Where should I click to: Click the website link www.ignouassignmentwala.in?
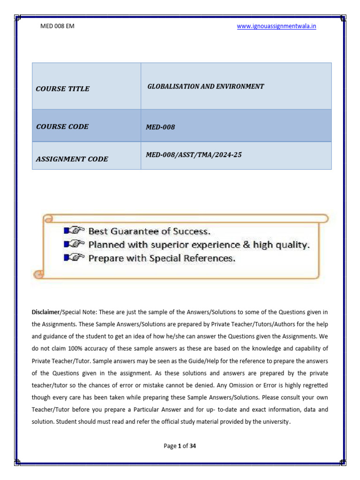(x=276, y=26)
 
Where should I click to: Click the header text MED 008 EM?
(x=58, y=26)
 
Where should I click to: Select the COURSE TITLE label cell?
(x=62, y=89)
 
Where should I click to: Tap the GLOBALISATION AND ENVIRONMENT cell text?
(x=206, y=86)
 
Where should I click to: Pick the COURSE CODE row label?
(x=62, y=127)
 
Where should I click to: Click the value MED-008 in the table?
(x=161, y=127)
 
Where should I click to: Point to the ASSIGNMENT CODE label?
(x=72, y=159)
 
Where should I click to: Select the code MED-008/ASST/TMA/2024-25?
(x=194, y=154)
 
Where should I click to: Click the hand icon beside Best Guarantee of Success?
(x=74, y=231)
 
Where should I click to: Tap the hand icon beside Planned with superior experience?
(x=74, y=244)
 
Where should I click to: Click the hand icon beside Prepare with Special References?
(x=74, y=258)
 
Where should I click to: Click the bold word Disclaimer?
(x=46, y=312)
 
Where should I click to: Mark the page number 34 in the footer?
(x=192, y=446)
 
